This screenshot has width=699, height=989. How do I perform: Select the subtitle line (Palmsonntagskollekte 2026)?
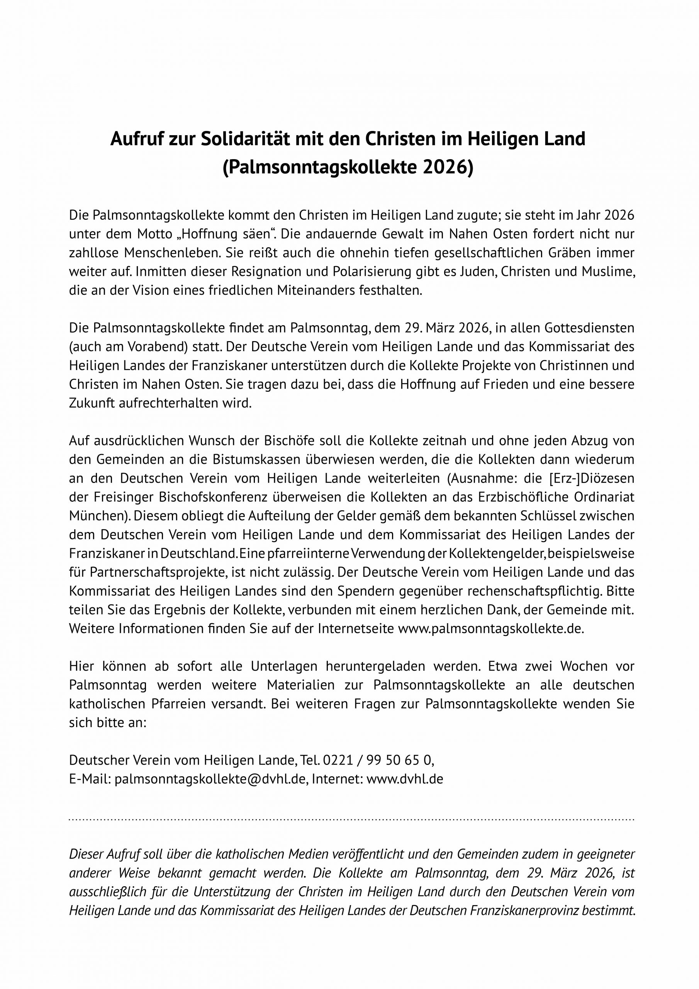coord(348,168)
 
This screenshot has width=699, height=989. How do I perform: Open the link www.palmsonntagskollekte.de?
coord(490,629)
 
